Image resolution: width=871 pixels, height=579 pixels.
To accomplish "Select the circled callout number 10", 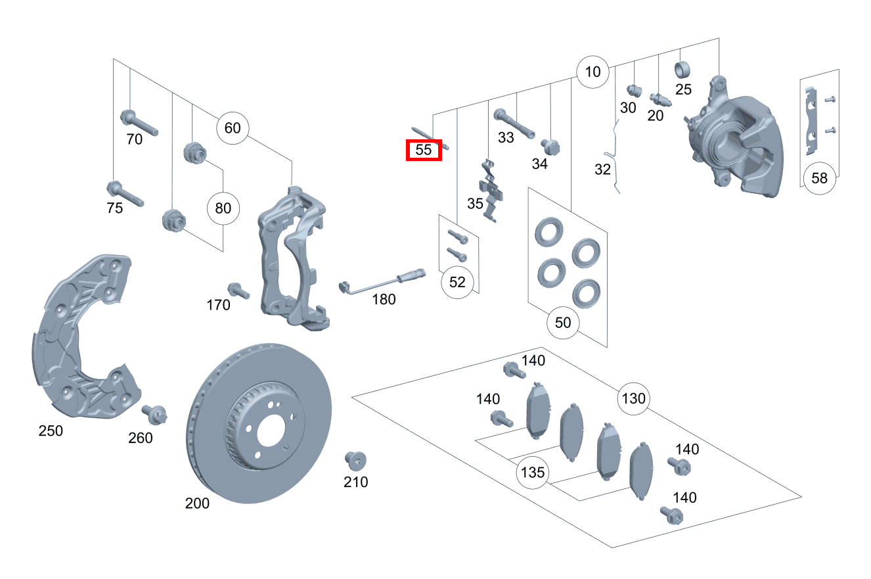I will (592, 72).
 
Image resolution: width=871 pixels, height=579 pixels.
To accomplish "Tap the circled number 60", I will (233, 127).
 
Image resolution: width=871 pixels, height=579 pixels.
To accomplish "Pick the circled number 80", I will (223, 209).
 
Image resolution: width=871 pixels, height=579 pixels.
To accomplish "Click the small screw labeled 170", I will (237, 290).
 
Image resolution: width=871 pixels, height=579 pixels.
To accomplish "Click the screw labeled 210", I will (355, 461).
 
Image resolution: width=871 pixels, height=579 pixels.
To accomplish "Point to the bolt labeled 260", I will (155, 414).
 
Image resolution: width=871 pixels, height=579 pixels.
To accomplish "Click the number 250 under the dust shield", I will (51, 431).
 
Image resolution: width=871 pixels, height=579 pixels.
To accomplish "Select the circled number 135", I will (533, 473).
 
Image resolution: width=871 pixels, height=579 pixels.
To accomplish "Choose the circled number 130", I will (633, 398).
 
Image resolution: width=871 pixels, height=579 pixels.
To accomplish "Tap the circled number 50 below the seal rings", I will (563, 323).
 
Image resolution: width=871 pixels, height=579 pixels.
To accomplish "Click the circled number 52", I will (457, 282).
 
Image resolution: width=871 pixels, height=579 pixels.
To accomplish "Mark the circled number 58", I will (819, 177).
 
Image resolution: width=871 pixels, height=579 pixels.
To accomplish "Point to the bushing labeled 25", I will (683, 68).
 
